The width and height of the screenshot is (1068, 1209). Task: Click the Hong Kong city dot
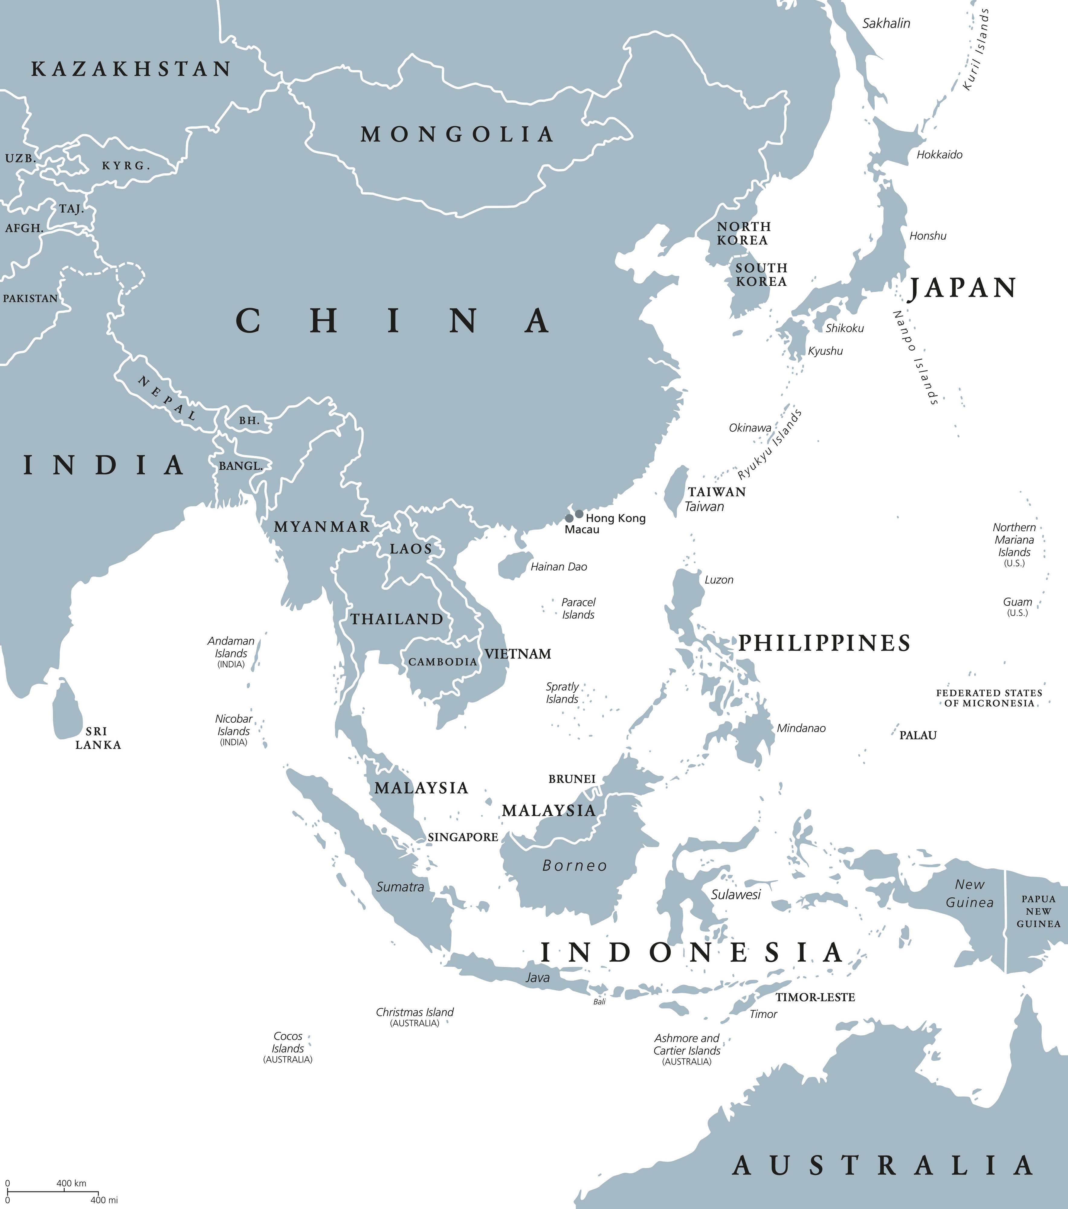(x=579, y=514)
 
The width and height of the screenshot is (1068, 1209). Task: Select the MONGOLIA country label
(x=457, y=135)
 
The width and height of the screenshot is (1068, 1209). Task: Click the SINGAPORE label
(x=463, y=837)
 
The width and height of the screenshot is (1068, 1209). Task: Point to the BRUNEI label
(x=571, y=779)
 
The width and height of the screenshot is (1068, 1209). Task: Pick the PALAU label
(x=918, y=735)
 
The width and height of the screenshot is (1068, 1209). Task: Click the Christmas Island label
(x=415, y=1012)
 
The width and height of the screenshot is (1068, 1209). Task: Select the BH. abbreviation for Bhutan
(x=249, y=420)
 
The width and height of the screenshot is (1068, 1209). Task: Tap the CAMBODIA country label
(x=442, y=662)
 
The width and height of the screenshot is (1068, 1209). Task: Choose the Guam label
(x=1017, y=601)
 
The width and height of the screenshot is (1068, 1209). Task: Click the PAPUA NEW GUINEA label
(x=1038, y=911)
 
